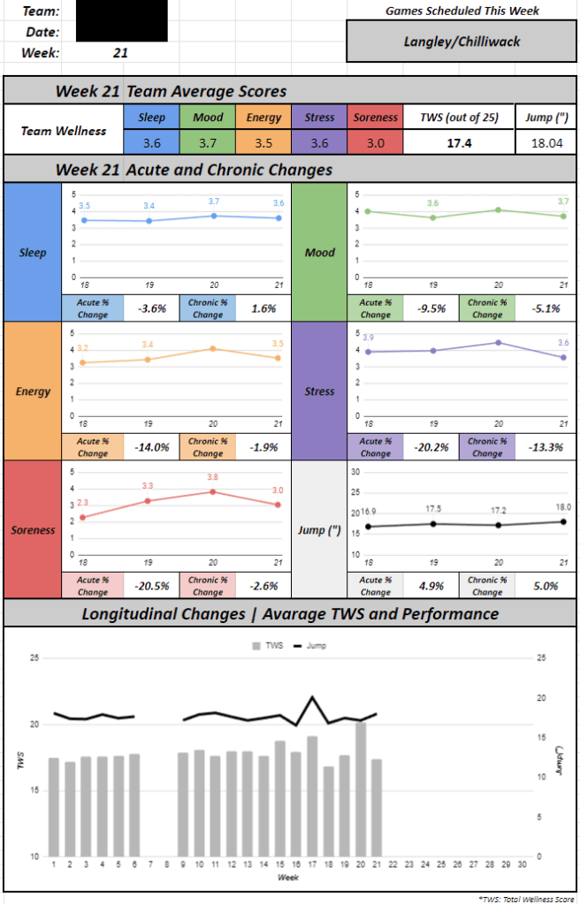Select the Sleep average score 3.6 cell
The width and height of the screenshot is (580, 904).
pyautogui.click(x=151, y=141)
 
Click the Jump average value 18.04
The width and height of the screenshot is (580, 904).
pyautogui.click(x=545, y=141)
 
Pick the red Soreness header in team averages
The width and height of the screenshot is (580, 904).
pyautogui.click(x=375, y=118)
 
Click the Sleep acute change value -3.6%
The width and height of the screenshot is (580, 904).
pyautogui.click(x=152, y=308)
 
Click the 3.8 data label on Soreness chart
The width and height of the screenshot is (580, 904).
pyautogui.click(x=212, y=477)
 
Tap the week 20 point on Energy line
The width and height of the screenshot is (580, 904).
pyautogui.click(x=212, y=348)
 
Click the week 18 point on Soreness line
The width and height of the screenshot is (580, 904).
pyautogui.click(x=83, y=517)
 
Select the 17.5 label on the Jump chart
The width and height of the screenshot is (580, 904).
pyautogui.click(x=433, y=510)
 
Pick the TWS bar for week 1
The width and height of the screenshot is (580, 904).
pyautogui.click(x=54, y=807)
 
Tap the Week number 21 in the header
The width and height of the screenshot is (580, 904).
pyautogui.click(x=120, y=53)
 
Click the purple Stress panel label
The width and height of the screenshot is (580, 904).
pyautogui.click(x=319, y=391)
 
